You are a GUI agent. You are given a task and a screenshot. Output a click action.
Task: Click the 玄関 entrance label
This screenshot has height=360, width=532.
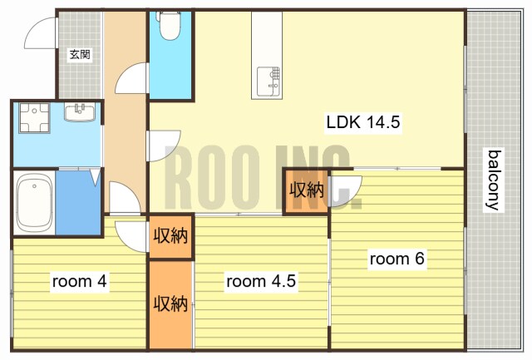80,54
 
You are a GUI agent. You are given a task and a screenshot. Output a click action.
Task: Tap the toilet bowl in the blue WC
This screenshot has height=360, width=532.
170,26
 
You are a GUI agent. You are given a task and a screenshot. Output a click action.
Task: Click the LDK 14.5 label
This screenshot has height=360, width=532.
363,122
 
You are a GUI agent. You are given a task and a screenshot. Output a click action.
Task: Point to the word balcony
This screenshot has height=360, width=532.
494,180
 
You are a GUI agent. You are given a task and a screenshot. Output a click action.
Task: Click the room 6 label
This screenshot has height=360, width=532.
397,259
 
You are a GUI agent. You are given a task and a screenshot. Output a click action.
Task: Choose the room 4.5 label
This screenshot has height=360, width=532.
261,281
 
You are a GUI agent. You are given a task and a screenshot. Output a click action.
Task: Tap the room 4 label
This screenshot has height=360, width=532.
80,281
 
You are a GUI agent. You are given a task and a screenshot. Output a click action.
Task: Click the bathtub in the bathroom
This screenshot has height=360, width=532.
34,203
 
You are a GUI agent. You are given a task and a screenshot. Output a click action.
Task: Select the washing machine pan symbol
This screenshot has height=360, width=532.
34,117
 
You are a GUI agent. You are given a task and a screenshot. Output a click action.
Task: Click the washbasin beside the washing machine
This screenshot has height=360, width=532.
80,112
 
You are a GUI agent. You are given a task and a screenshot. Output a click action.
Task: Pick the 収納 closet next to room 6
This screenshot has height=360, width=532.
306,190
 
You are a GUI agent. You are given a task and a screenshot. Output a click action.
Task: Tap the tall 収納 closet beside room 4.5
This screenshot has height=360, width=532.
170,304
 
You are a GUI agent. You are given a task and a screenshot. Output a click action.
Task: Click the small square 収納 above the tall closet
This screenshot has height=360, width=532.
170,236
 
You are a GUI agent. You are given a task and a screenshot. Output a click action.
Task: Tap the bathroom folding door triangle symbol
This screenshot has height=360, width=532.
95,177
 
